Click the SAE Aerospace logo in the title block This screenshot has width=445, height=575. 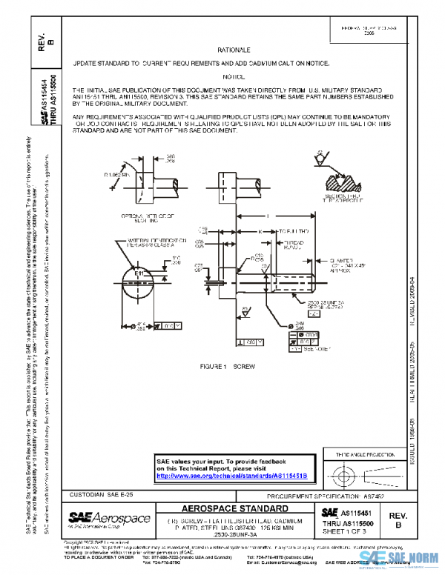click(x=109, y=518)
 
